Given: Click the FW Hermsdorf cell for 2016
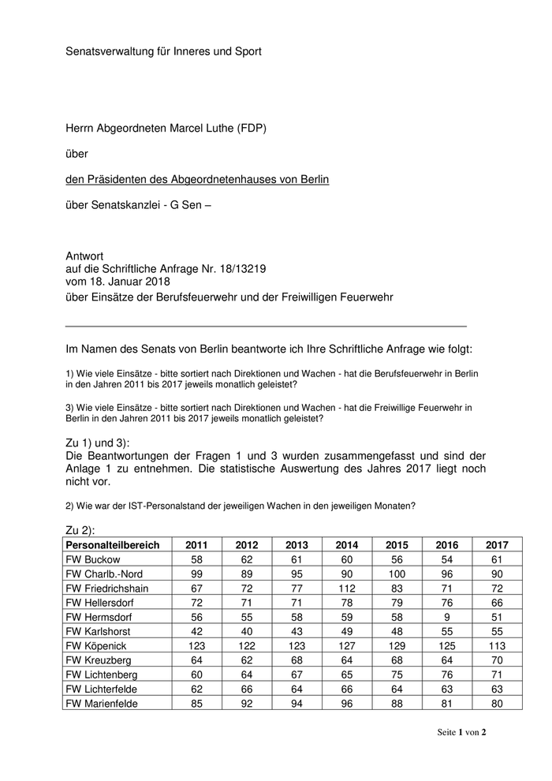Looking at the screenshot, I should [447, 617].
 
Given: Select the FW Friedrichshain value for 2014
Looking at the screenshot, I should [347, 588].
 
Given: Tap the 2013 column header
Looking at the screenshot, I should [297, 545].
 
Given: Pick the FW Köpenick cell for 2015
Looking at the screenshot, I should [397, 645].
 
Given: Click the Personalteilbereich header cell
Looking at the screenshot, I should [113, 545].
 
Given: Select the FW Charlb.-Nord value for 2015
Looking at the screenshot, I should [397, 574].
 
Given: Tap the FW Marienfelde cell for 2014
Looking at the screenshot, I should [347, 702].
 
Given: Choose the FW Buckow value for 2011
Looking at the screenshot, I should [197, 559].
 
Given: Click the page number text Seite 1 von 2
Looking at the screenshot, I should [462, 732].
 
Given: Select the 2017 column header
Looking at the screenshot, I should [497, 545].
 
